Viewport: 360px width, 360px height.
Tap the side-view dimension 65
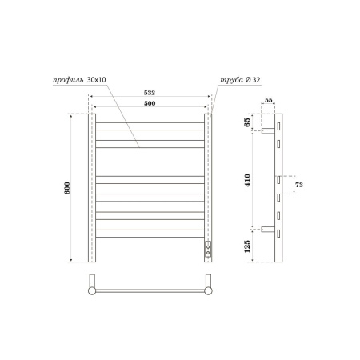coord(248,122)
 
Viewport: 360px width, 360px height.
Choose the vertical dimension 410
coord(248,182)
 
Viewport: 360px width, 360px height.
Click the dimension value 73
coord(298,185)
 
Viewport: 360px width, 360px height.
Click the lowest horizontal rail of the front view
coord(150,233)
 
